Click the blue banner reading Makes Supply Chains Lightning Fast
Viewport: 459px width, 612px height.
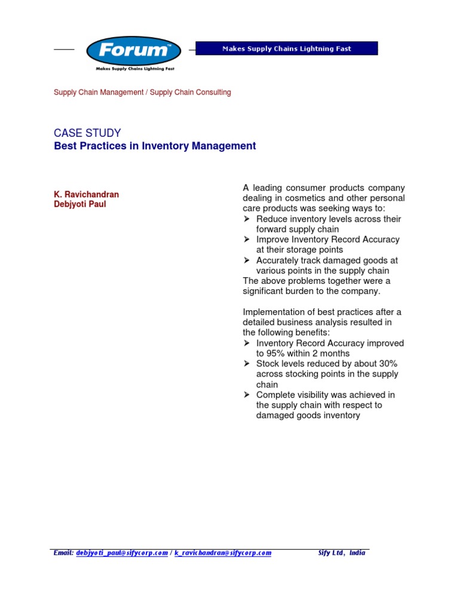point(287,49)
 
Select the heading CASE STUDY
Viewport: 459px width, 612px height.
point(87,133)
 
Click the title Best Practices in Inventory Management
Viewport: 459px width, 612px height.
point(155,146)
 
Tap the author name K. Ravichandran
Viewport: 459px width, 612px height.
point(86,195)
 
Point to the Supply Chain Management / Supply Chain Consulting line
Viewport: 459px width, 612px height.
point(142,93)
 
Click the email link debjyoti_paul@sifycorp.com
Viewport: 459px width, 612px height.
point(122,553)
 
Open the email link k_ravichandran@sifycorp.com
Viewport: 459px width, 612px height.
point(223,553)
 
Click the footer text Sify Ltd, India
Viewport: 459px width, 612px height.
point(341,553)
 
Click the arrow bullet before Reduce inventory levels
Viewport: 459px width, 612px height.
point(247,219)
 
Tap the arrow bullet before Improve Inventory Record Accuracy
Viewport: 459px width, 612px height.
point(247,240)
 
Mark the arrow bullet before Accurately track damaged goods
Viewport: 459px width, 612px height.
point(247,261)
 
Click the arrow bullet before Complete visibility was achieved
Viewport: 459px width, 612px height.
point(247,395)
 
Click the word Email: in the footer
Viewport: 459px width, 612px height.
point(63,553)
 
